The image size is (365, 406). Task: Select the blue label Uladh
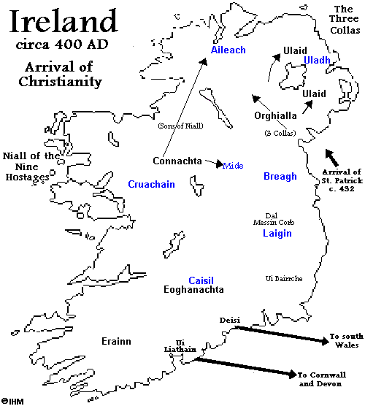[318, 59]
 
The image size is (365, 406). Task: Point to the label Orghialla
[277, 116]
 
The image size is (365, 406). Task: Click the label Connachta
[177, 161]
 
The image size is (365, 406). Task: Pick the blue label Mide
[233, 166]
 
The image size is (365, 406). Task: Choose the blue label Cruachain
[151, 185]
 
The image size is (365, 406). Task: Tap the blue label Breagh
[280, 176]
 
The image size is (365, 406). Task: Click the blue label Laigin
[277, 234]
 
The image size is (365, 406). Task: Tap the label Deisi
[229, 321]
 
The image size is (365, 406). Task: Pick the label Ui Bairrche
[284, 279]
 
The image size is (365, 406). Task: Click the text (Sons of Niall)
[180, 126]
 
